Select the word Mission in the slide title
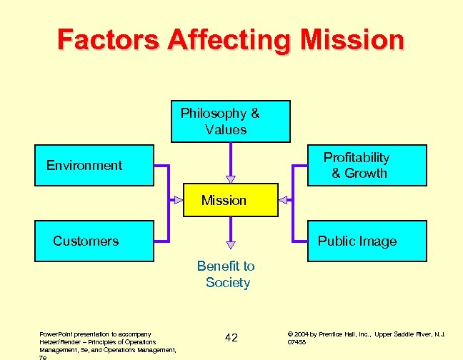352,39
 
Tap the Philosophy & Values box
230,121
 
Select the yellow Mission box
224,201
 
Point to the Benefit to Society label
226,274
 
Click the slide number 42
231,337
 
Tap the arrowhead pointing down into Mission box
230,179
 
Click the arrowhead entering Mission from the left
174,200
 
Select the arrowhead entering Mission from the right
282,200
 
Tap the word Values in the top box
226,130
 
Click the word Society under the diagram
228,283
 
